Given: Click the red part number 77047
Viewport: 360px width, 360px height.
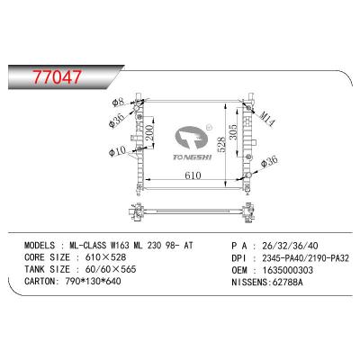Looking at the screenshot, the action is [x=57, y=76].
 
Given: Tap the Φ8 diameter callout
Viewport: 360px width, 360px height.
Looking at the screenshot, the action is [x=118, y=103].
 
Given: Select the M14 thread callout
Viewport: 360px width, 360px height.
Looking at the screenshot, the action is [x=267, y=119].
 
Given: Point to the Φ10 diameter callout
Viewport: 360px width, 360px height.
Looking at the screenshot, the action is [x=117, y=153].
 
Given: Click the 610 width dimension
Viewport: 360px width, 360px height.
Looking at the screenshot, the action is [x=193, y=175].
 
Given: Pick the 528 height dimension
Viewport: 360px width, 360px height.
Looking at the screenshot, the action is [x=221, y=145].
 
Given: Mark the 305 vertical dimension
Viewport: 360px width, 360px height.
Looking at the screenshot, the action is [x=233, y=132].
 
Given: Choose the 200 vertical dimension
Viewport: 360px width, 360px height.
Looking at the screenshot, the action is [x=149, y=133].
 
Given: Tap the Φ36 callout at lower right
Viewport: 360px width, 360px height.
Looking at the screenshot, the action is [x=269, y=162].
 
